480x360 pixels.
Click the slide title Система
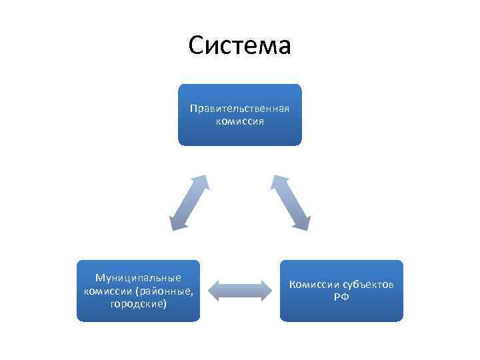[239, 46]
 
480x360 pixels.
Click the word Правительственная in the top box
[239, 109]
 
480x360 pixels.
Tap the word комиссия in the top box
[239, 121]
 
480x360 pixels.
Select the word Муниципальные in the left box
[138, 277]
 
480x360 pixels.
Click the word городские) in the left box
[138, 304]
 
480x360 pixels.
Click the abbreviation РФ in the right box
[341, 297]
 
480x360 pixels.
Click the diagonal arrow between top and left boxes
[189, 203]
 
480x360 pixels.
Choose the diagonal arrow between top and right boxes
[291, 203]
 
